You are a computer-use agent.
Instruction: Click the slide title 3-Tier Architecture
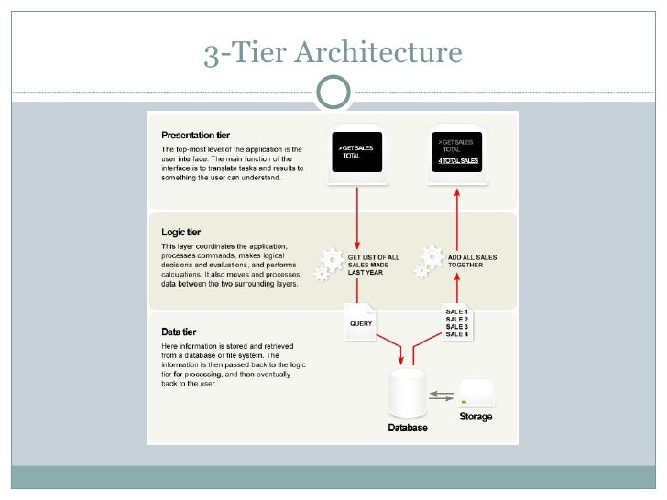pyautogui.click(x=333, y=53)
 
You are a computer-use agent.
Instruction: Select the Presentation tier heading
pyautogui.click(x=196, y=135)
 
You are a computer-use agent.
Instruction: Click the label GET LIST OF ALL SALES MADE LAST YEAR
pyautogui.click(x=372, y=265)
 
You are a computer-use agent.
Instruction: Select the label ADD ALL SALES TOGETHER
pyautogui.click(x=472, y=261)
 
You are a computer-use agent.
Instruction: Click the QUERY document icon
pyautogui.click(x=361, y=321)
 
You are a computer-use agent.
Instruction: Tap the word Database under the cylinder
pyautogui.click(x=407, y=428)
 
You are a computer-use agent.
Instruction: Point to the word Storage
pyautogui.click(x=476, y=417)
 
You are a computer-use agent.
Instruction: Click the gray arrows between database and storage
pyautogui.click(x=442, y=396)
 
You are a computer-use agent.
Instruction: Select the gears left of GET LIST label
pyautogui.click(x=328, y=261)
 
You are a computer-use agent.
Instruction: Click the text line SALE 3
pyautogui.click(x=457, y=326)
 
